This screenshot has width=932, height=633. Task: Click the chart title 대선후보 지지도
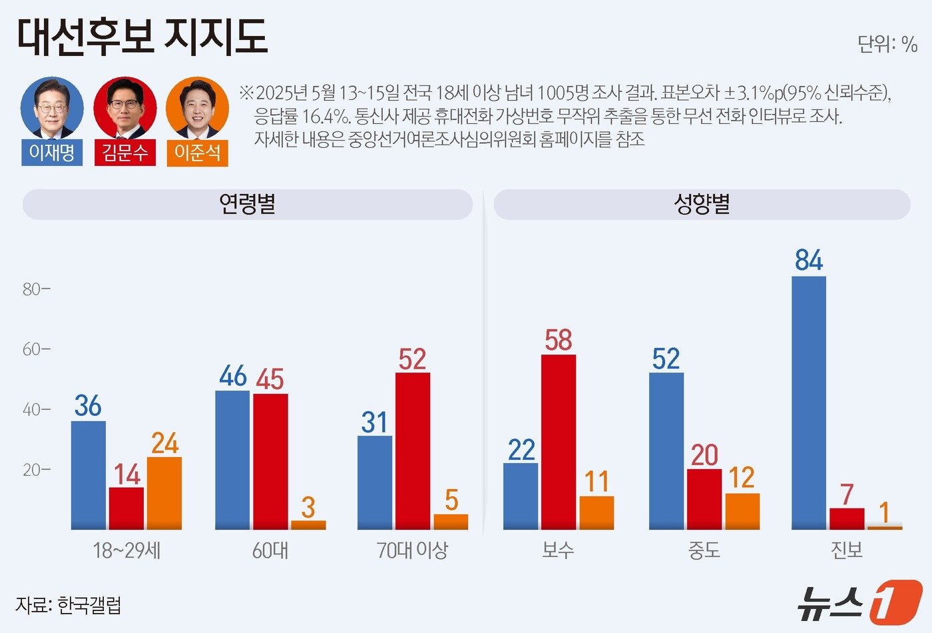point(142,36)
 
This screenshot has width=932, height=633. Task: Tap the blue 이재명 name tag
point(52,153)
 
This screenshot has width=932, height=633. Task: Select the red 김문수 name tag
point(124,153)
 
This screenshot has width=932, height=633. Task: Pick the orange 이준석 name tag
point(197,153)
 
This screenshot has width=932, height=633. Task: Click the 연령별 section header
point(247,204)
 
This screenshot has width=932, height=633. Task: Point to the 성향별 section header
point(702,204)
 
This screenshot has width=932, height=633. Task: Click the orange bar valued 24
point(164,493)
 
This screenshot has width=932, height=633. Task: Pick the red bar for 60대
point(270,461)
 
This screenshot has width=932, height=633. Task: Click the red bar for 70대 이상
point(413,450)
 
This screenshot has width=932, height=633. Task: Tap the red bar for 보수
point(559,442)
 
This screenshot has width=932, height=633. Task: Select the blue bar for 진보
point(809,402)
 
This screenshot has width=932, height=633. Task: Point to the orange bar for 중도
point(742,511)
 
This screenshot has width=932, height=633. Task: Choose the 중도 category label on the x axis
point(704,550)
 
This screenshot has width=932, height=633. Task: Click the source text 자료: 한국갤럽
point(69,605)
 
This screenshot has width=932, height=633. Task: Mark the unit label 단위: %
point(887,44)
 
